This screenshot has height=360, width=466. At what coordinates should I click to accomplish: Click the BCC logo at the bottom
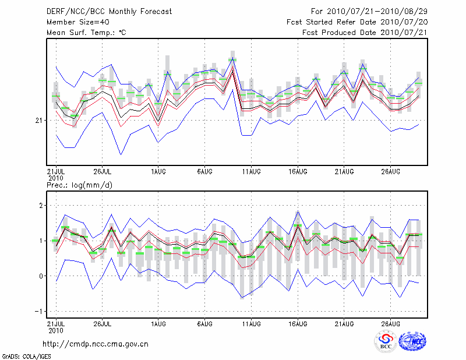[x=386, y=341]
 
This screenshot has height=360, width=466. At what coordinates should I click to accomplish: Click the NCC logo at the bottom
[x=412, y=341]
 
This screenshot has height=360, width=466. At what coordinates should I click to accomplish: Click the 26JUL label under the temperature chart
[x=102, y=172]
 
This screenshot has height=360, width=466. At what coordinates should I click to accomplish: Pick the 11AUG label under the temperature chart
[x=250, y=172]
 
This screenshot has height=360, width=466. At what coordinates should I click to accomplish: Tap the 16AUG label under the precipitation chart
[x=298, y=323]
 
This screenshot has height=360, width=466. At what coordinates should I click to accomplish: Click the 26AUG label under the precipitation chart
[x=391, y=323]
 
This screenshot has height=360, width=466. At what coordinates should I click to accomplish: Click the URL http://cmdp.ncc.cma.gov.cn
[x=96, y=344]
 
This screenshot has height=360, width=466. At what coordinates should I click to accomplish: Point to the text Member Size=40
[x=74, y=22]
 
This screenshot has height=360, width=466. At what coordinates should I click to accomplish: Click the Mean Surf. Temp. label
[x=86, y=32]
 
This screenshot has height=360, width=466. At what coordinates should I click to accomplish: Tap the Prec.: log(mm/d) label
[x=79, y=185]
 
